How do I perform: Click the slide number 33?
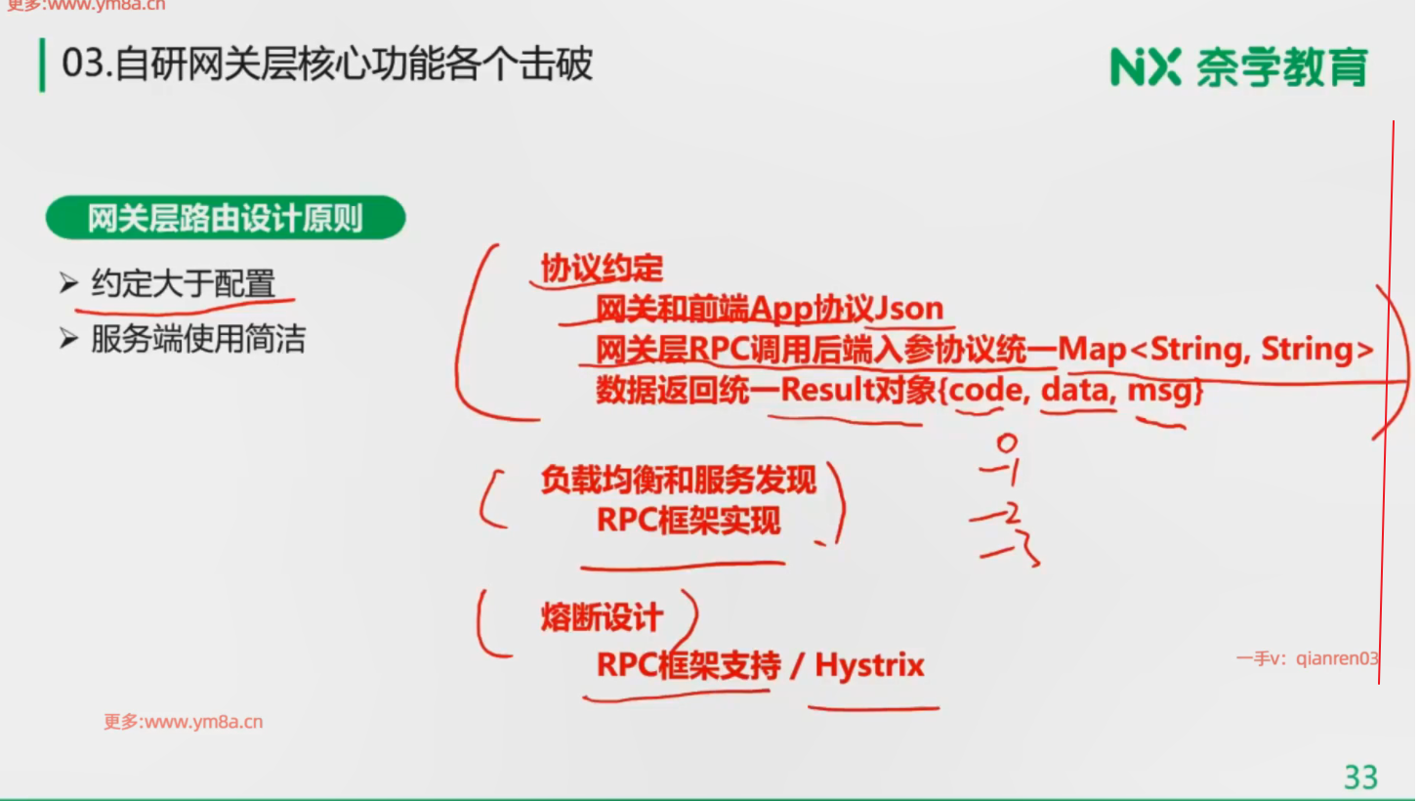[1360, 777]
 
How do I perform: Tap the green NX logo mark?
[1146, 66]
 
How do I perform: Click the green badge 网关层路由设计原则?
[225, 218]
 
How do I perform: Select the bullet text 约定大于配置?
[183, 284]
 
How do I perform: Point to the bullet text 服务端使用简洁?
[197, 339]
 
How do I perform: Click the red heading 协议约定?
[602, 268]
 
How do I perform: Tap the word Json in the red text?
[909, 309]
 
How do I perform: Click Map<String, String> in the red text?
[1216, 350]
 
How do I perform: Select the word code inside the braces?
[986, 391]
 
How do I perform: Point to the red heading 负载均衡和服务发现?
[678, 480]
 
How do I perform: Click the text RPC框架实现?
[689, 521]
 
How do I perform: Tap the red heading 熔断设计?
[602, 617]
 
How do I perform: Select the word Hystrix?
[869, 665]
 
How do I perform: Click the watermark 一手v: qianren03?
[1307, 658]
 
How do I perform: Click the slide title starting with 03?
[327, 65]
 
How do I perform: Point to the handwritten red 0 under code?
[1006, 443]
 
